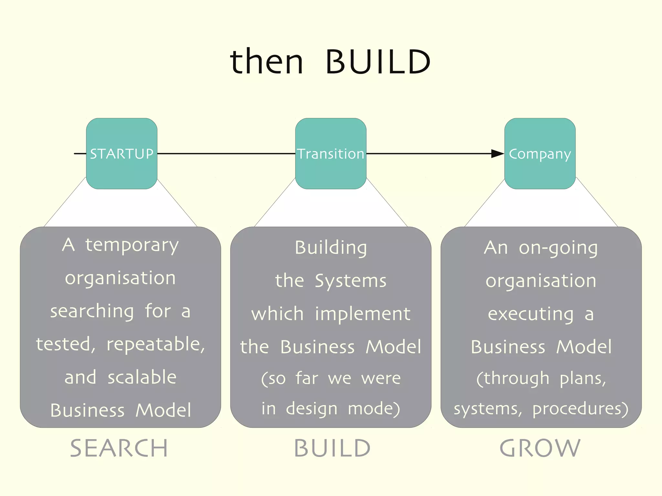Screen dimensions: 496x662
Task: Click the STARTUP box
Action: coord(122,153)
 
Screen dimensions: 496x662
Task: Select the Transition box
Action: coord(331,153)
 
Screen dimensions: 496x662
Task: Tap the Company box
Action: coord(540,153)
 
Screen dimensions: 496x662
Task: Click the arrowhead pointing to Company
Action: coord(497,153)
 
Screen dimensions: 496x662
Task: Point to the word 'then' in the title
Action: coord(267,61)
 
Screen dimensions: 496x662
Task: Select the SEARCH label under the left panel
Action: coord(119,448)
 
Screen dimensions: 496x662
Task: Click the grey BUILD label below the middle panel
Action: coord(332,448)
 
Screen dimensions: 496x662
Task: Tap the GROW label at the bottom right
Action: coord(540,448)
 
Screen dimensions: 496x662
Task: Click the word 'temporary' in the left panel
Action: coord(132,246)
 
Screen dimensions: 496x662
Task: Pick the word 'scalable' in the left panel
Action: coord(142,377)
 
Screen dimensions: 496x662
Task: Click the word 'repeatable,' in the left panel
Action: coord(155,344)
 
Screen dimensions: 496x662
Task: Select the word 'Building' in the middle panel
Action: coord(331,248)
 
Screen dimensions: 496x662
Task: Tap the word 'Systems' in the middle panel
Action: coord(350,280)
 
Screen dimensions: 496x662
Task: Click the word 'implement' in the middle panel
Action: coord(363,314)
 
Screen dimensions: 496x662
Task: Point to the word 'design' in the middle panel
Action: coord(312,409)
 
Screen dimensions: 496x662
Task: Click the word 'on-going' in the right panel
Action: coord(558,248)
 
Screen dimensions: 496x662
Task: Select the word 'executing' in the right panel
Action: coord(530,314)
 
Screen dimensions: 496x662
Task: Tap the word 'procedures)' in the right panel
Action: coord(580,409)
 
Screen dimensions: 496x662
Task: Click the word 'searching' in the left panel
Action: coord(92,311)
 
